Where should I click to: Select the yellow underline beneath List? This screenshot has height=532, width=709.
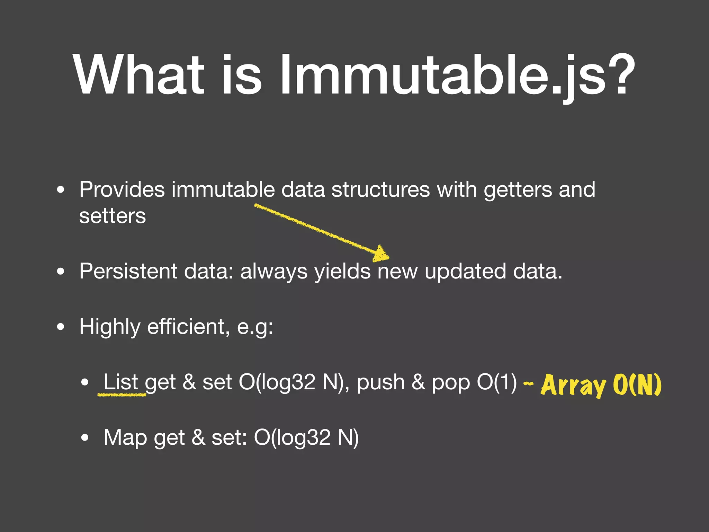pyautogui.click(x=122, y=394)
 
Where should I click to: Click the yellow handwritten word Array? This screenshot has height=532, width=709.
pyautogui.click(x=573, y=385)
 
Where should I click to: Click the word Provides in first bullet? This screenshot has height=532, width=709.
pyautogui.click(x=122, y=189)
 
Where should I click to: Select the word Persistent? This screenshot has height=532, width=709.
pyautogui.click(x=128, y=271)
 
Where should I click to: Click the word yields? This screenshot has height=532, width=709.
pyautogui.click(x=342, y=272)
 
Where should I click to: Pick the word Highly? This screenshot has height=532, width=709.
pyautogui.click(x=110, y=327)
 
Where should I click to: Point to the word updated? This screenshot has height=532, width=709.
pyautogui.click(x=465, y=271)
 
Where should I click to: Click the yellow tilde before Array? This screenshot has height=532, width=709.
pyautogui.click(x=528, y=383)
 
